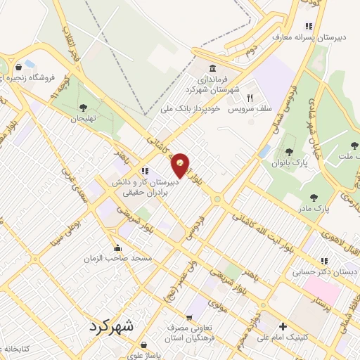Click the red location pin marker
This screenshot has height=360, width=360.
point(181,165)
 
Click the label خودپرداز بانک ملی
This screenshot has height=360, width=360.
point(191,109)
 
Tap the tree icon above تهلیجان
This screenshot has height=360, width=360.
point(83,108)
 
